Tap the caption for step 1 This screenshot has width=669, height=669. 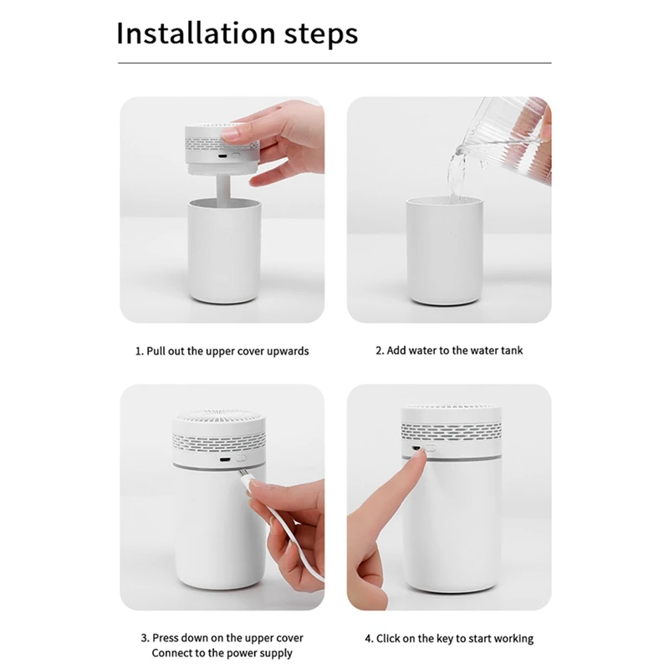point(222,351)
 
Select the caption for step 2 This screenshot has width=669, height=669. point(449,350)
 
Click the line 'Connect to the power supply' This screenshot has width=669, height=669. point(222,653)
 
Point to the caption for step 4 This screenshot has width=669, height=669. point(449,639)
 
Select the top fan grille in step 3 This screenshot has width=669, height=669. point(221,419)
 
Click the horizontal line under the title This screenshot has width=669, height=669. point(334,63)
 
